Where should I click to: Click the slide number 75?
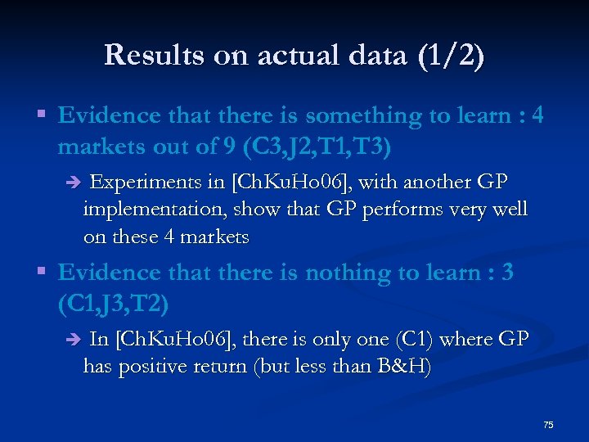pyautogui.click(x=548, y=425)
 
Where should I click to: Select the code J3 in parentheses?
pyautogui.click(x=110, y=304)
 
